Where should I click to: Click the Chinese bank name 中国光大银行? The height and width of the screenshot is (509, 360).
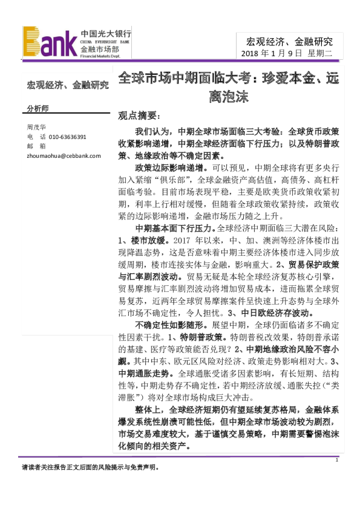pyautogui.click(x=106, y=34)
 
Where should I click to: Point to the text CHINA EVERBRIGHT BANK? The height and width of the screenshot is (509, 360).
pyautogui.click(x=105, y=42)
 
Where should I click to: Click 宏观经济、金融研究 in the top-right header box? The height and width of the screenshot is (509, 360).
pyautogui.click(x=289, y=41)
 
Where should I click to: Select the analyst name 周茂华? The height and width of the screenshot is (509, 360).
pyautogui.click(x=36, y=128)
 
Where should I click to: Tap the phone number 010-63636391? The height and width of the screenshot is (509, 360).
pyautogui.click(x=68, y=137)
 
